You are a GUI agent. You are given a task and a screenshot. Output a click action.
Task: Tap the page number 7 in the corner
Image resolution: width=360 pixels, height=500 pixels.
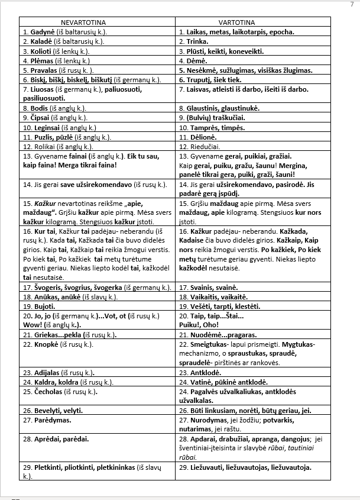pyautogui.click(x=352, y=4)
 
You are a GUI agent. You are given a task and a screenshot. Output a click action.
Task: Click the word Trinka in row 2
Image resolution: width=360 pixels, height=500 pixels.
pyautogui.click(x=198, y=42)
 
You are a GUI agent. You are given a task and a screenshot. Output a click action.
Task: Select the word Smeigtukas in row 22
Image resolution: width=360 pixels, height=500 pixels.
pyautogui.click(x=210, y=344)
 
